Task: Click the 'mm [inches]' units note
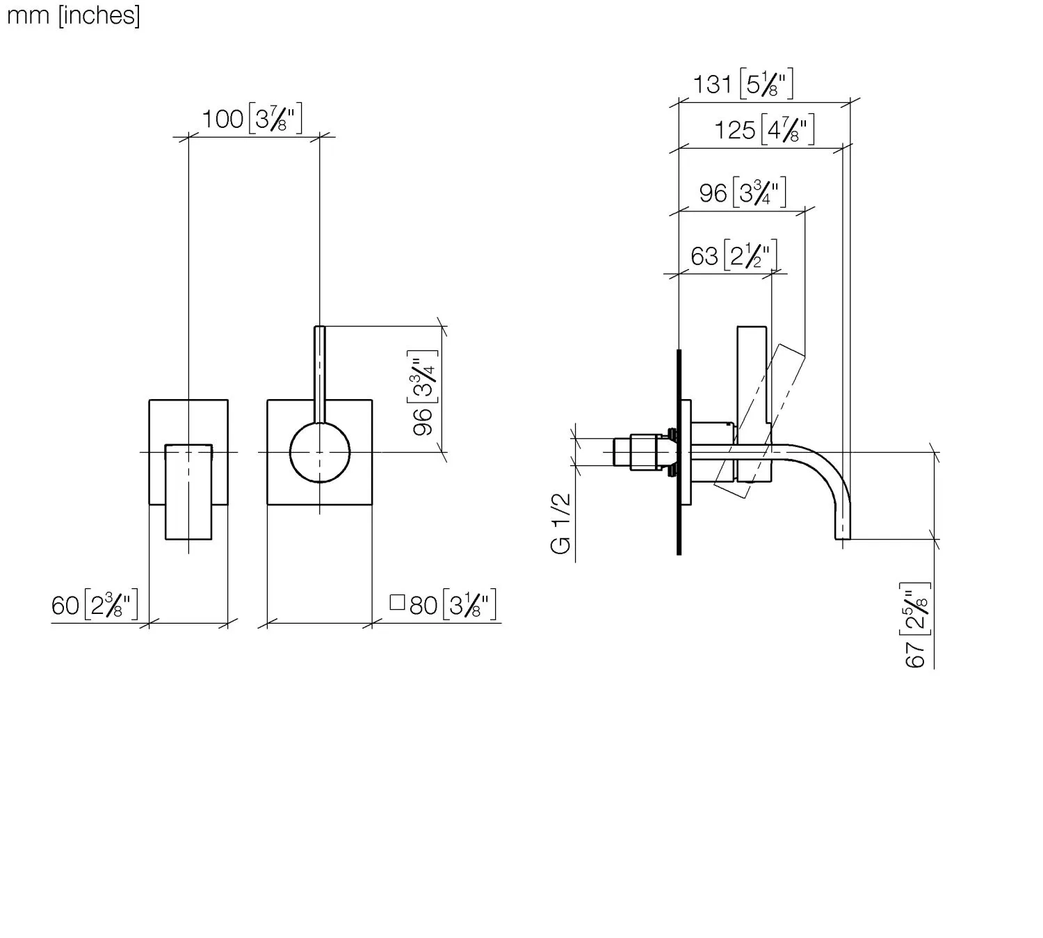[x=73, y=15]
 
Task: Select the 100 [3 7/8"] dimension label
[x=252, y=118]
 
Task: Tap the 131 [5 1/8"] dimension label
[x=743, y=83]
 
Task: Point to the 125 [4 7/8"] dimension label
[x=764, y=129]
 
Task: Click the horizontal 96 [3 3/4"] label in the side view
[x=743, y=193]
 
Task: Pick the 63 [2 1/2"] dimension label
[x=734, y=255]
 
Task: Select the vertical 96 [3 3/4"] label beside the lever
[x=423, y=393]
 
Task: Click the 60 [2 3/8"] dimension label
[x=95, y=605]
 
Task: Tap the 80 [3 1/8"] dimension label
[x=453, y=605]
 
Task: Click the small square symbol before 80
[x=397, y=602]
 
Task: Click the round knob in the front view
[x=320, y=453]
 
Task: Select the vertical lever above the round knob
[x=320, y=374]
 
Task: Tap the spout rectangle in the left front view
[x=188, y=492]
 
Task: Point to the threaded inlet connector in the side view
[x=645, y=452]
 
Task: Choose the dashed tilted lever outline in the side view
[x=759, y=421]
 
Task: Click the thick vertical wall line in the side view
[x=679, y=452]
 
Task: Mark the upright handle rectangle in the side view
[x=752, y=404]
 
